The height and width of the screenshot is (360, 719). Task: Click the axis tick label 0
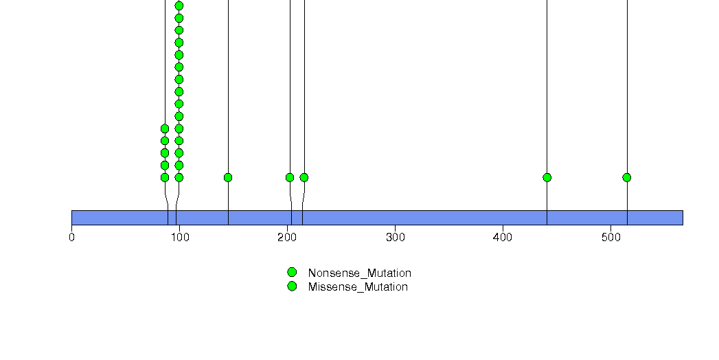pos(71,238)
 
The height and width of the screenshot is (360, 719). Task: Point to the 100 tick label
pos(179,238)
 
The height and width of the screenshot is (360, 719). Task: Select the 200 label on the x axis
pos(287,238)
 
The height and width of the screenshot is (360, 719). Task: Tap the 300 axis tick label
pos(396,238)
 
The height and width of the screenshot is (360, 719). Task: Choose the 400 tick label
pos(503,238)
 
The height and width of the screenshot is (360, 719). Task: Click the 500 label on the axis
pos(610,238)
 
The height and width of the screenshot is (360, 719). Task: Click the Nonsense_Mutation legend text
pos(360,273)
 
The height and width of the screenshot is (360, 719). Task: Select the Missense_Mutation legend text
pos(358,287)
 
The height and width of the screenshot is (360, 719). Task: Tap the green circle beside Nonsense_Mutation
pos(292,273)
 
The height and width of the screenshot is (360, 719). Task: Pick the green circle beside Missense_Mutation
pos(292,286)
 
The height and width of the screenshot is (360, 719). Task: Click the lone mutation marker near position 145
pos(228,177)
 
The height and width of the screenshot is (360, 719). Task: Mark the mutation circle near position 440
pos(547,177)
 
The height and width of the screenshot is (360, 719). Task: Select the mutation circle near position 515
pos(627,177)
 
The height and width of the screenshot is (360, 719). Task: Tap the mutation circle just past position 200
pos(290,177)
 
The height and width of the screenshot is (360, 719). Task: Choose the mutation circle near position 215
pos(304,177)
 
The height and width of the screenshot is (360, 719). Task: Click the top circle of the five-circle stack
pos(165,128)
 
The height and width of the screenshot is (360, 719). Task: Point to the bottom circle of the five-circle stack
pos(165,177)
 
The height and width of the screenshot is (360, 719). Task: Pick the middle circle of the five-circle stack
pos(165,153)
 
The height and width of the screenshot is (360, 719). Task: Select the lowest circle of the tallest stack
pos(179,177)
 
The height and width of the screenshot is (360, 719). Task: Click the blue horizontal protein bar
pos(378,218)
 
